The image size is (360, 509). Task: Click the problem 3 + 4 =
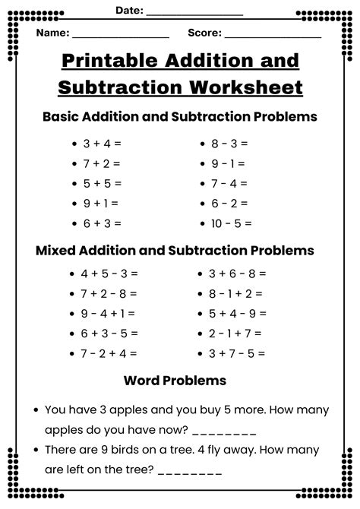102,143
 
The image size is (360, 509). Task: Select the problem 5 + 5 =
102,183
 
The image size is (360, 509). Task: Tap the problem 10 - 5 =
231,223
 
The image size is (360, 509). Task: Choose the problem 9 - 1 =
228,163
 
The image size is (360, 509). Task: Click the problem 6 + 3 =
102,223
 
